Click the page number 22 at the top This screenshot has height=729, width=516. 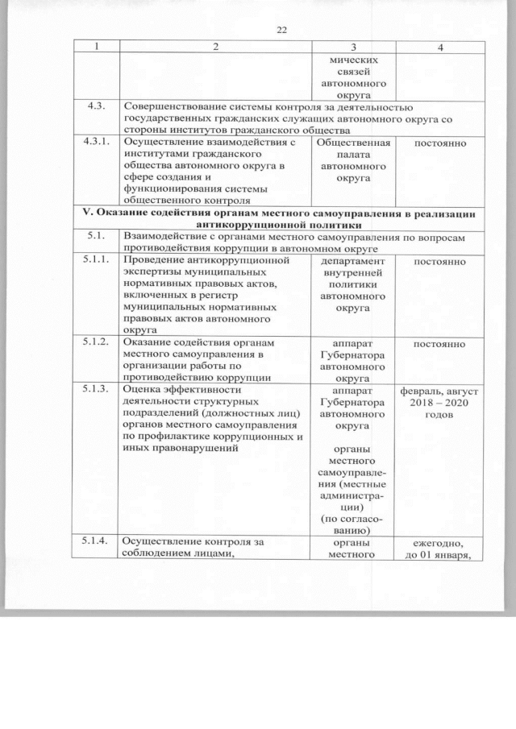point(281,30)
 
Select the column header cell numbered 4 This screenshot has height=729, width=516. point(439,48)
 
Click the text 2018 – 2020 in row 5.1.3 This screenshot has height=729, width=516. point(439,402)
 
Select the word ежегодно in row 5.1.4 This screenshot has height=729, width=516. point(439,544)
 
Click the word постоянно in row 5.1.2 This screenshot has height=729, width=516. point(439,344)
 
